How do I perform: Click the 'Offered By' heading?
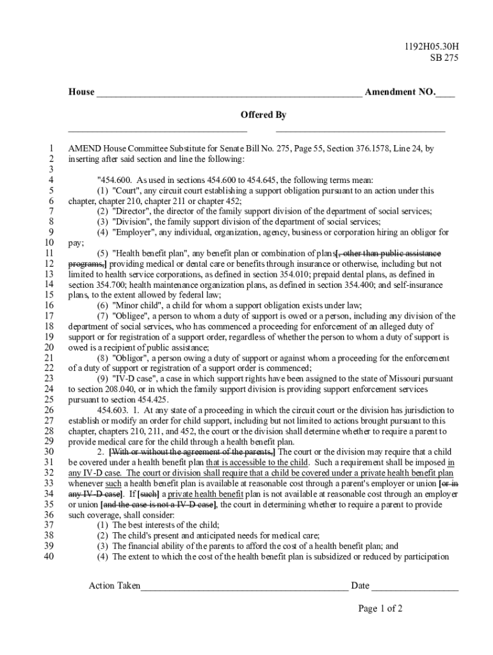click(x=263, y=115)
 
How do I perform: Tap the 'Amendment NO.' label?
click(x=400, y=92)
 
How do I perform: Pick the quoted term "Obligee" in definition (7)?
click(x=132, y=316)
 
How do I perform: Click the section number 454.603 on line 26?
click(x=113, y=410)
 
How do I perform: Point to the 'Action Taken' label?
click(x=114, y=585)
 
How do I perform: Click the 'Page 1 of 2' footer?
click(x=380, y=608)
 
